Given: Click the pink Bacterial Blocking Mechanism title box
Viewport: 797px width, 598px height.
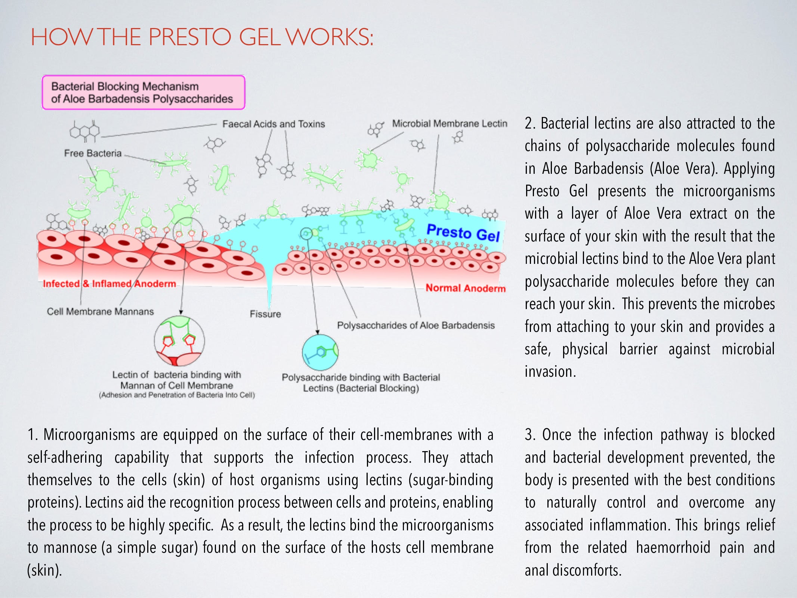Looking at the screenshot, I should [x=143, y=92].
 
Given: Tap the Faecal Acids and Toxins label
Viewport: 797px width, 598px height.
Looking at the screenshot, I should [x=274, y=124].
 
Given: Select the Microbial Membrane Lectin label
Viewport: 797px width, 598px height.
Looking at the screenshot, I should [x=450, y=124].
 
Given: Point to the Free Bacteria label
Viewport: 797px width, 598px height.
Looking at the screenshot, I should [x=93, y=153].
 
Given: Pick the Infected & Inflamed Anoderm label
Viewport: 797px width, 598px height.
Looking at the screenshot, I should [x=109, y=284].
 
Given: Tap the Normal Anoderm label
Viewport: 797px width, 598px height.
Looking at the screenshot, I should [x=466, y=288].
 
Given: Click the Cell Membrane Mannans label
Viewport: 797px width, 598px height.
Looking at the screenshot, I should [x=100, y=311].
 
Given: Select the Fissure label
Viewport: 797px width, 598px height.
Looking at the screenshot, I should [x=265, y=314].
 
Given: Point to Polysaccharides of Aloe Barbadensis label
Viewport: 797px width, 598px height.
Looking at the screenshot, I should [x=416, y=326].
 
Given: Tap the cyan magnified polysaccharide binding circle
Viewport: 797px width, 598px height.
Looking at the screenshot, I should [x=320, y=352].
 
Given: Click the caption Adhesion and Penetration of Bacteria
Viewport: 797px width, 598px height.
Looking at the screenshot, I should [x=177, y=395].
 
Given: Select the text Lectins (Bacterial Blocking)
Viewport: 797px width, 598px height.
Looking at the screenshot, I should [x=361, y=388].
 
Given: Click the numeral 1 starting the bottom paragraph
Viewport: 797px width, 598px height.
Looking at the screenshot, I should [x=32, y=435].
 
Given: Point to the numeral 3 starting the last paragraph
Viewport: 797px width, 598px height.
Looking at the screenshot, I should [x=529, y=435].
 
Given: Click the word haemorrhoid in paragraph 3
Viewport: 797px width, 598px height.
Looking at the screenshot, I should [x=673, y=548].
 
